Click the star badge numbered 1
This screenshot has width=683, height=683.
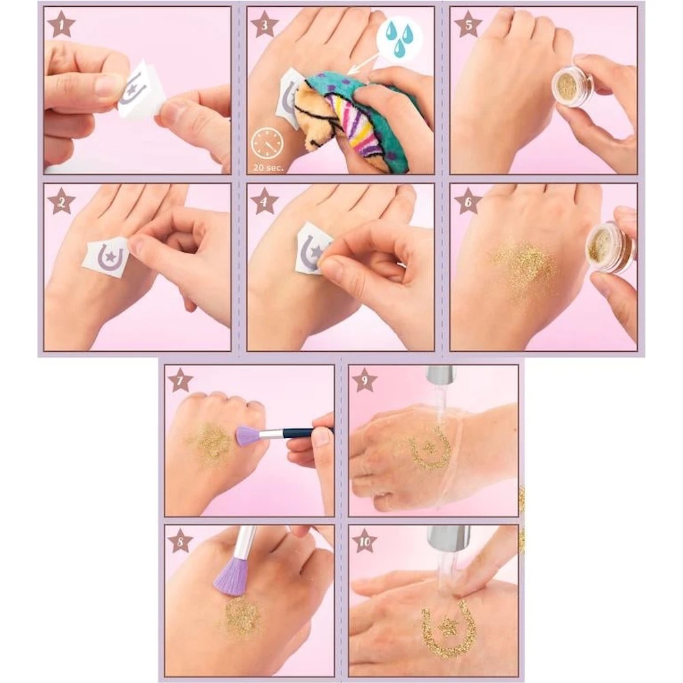tap(61, 25)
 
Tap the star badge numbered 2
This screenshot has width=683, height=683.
tap(61, 201)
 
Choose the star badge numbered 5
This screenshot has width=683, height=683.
tap(468, 25)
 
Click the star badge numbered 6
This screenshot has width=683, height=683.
tap(468, 201)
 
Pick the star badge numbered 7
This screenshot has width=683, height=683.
tap(180, 381)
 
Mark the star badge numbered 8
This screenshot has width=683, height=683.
tap(180, 541)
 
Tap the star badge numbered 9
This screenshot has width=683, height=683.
tap(365, 381)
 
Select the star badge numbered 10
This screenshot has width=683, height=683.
tap(365, 541)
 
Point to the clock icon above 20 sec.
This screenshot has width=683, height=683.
tap(267, 145)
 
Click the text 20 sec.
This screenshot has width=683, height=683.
tap(268, 167)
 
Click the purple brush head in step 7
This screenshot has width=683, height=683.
tap(248, 436)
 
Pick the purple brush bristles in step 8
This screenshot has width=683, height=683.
tap(230, 574)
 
